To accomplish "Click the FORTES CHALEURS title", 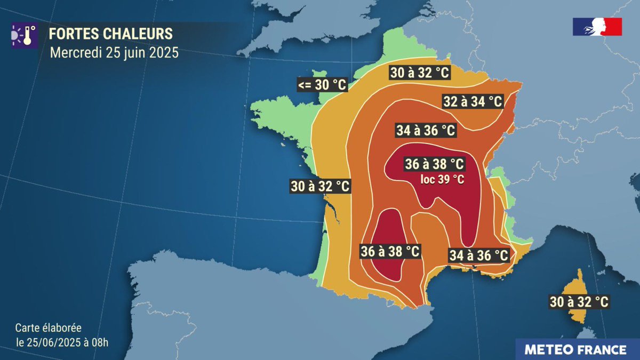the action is pos(111,34).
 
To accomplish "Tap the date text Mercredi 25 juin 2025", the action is pos(114,53).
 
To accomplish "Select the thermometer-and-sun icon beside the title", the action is pos(24,35).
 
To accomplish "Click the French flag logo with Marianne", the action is pos(597,27).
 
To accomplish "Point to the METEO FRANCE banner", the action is pos(575,350).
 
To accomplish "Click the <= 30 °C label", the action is pos(323,84).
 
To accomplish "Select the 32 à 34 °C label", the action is pos(473,101).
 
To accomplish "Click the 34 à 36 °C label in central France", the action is pos(426,130).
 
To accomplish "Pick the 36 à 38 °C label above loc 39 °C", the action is pos(434,164).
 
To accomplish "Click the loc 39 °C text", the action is pos(442,180).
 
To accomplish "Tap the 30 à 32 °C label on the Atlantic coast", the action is pos(320,186).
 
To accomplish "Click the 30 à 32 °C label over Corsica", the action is pos(579,302).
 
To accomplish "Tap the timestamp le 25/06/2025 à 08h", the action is pos(62,342).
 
